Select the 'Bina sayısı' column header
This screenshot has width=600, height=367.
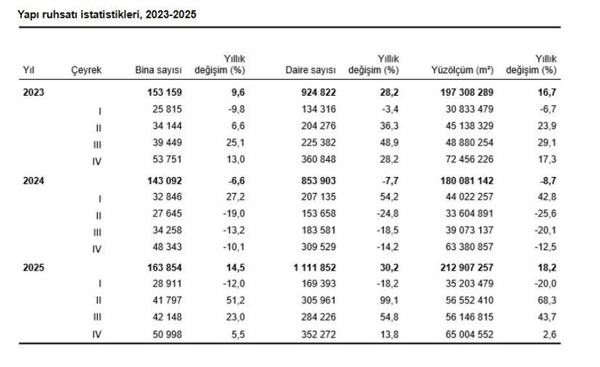pos(158,70)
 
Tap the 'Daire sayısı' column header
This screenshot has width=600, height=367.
pos(310,70)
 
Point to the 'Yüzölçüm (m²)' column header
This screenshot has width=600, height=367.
pos(463,70)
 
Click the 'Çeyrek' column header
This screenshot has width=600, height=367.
pos(86,70)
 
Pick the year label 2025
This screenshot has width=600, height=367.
pos(34,268)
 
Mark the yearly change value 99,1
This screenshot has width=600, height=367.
pos(389,300)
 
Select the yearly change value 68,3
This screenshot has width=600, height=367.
pos(546,300)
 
